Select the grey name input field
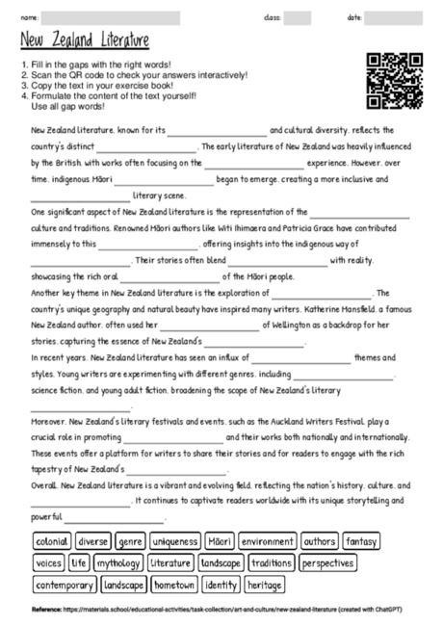click(110, 17)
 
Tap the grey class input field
click(298, 17)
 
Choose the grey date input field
click(392, 17)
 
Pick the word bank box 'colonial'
click(51, 541)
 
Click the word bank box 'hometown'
click(174, 585)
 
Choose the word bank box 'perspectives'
click(327, 562)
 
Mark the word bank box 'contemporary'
click(64, 585)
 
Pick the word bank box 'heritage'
click(265, 585)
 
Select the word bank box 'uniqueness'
click(175, 541)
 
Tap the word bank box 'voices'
click(48, 562)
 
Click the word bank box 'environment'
click(268, 541)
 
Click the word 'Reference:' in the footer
click(46, 610)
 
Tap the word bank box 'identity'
click(221, 585)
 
